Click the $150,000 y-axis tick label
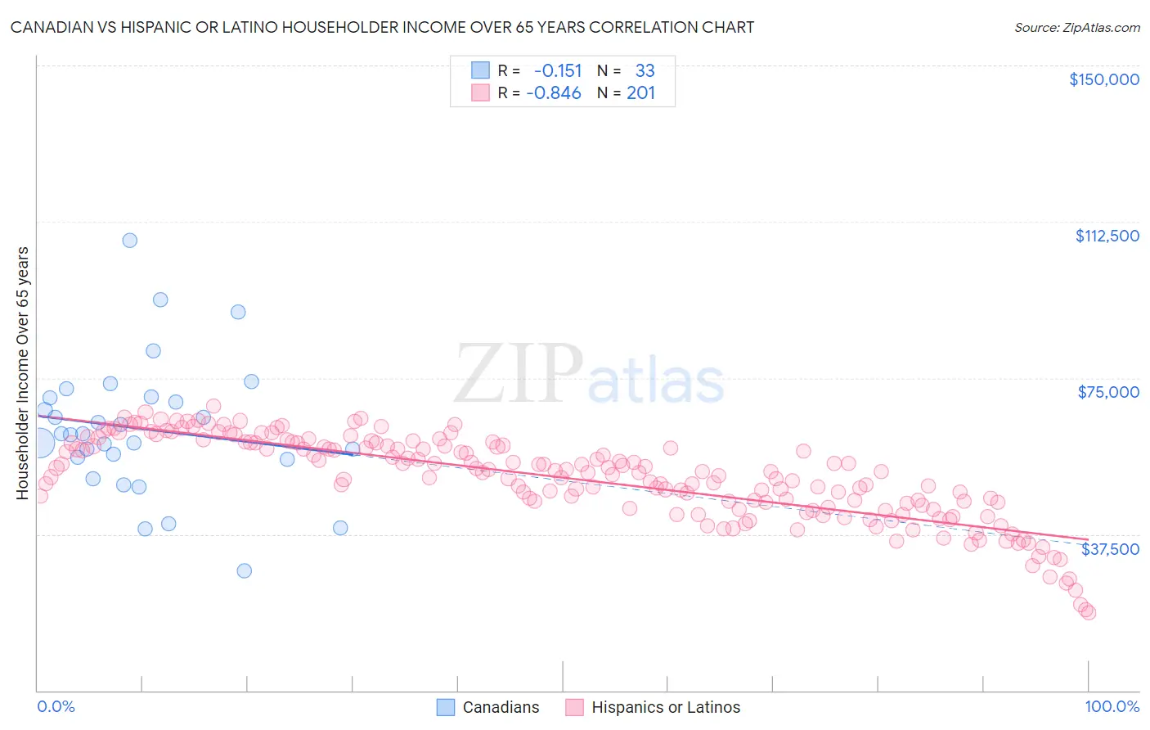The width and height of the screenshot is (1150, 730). tap(1103, 79)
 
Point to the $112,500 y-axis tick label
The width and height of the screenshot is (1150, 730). tap(1107, 236)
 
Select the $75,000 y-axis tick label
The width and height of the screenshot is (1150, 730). tap(1108, 392)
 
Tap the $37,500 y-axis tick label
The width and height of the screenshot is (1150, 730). tap(1110, 549)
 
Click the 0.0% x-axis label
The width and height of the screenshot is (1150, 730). tap(56, 706)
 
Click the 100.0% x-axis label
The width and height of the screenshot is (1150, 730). tap(1112, 706)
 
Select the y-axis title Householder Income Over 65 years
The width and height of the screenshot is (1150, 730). tap(22, 372)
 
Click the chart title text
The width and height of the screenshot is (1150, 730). tap(382, 27)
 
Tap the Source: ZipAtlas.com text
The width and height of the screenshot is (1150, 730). tap(1076, 27)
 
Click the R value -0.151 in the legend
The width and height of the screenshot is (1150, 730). tap(557, 70)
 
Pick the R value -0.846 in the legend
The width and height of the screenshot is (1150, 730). tap(554, 92)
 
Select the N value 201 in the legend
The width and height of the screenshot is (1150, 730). tap(640, 92)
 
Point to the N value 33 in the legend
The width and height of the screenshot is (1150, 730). tap(645, 70)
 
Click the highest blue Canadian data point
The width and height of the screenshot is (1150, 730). tap(129, 241)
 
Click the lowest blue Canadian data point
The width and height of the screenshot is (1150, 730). tap(244, 570)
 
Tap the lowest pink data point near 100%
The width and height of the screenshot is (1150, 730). tap(1088, 612)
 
